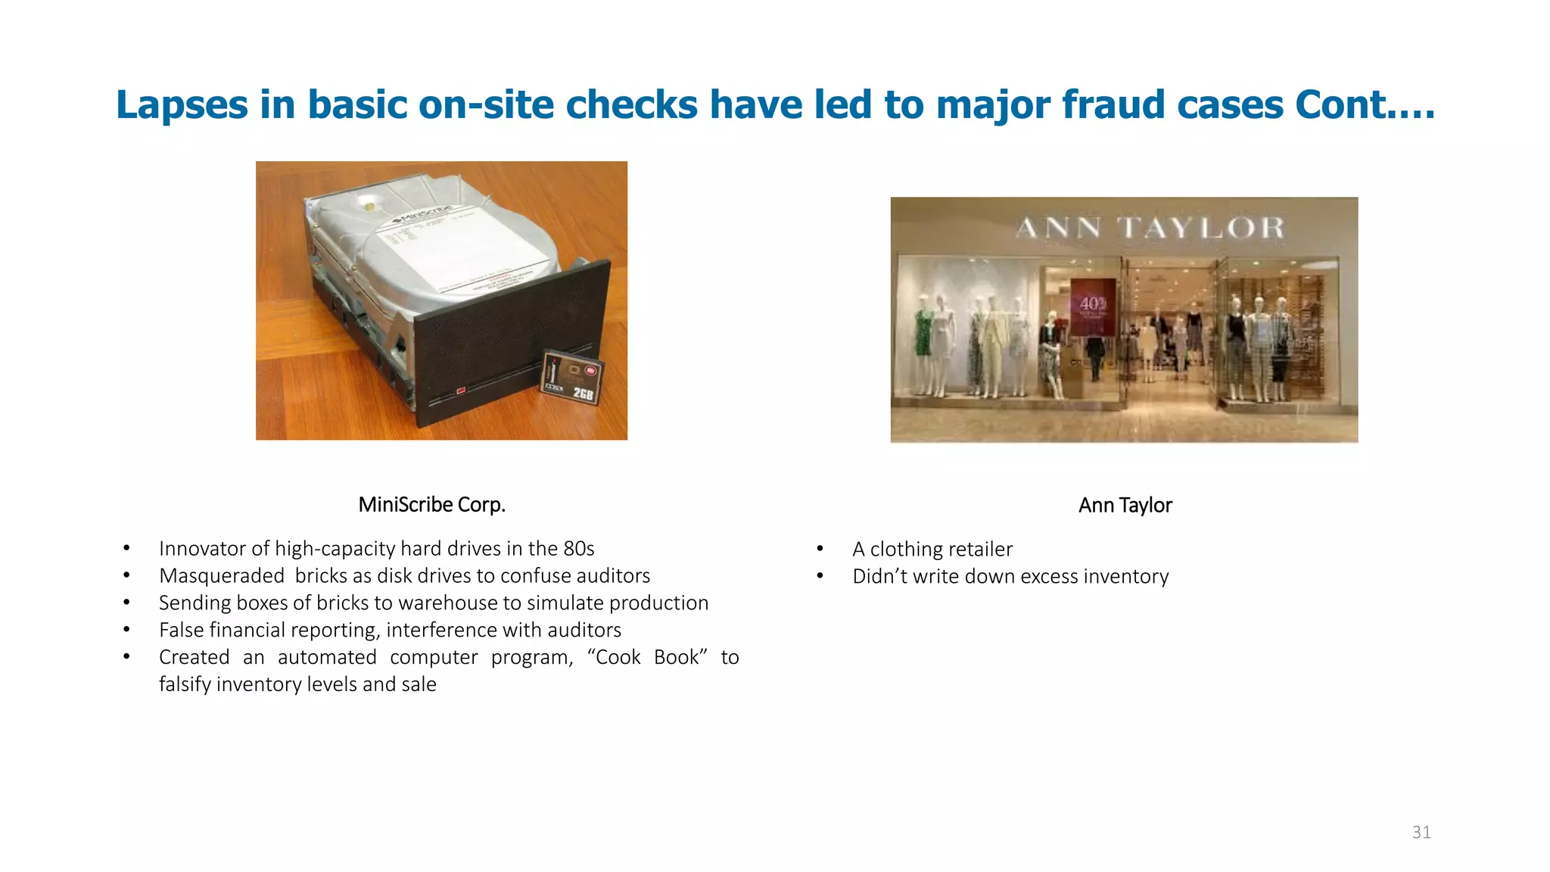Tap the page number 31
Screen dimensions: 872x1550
click(x=1421, y=833)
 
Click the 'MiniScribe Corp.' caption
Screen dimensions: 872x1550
click(x=431, y=504)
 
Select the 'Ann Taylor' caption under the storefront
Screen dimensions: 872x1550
click(x=1125, y=505)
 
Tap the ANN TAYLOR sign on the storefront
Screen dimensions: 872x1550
click(x=1150, y=227)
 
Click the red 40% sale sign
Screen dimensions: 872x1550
click(x=1093, y=307)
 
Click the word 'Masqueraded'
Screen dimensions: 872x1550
click(x=222, y=576)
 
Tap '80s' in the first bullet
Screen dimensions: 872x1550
click(x=578, y=549)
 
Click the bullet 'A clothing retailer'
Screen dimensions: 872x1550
click(x=932, y=549)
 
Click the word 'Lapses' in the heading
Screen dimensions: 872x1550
click(x=182, y=104)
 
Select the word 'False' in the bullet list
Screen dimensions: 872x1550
click(x=182, y=630)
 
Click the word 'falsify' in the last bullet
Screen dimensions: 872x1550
click(x=185, y=684)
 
